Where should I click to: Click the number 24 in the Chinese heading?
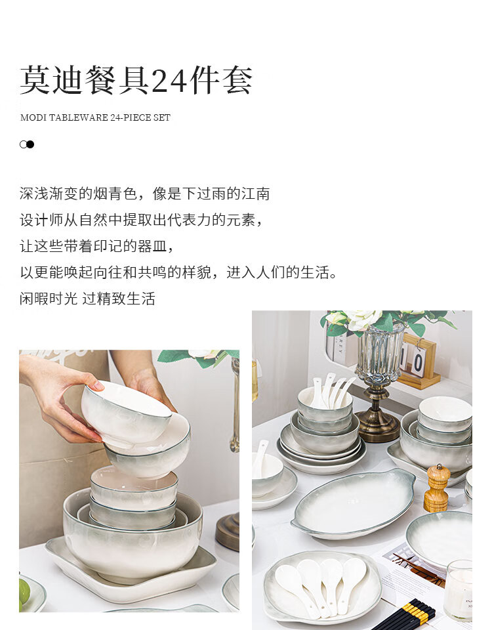[x=170, y=81]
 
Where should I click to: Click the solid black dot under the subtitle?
[x=30, y=144]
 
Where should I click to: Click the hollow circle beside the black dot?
[x=24, y=144]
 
